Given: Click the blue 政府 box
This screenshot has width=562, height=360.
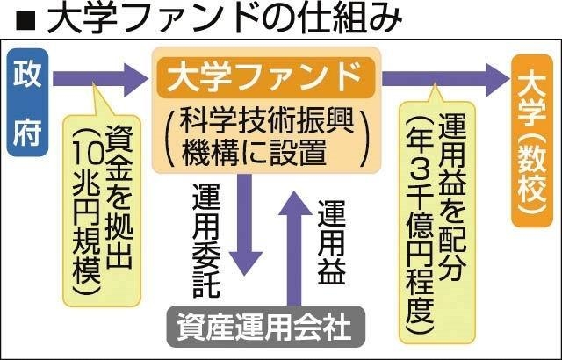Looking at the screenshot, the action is (x=27, y=103).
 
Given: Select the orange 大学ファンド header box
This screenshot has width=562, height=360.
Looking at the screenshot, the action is (x=266, y=77).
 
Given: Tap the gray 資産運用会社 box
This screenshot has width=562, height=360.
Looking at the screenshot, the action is (x=266, y=327).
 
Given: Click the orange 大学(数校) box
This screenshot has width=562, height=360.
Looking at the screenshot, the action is (x=532, y=140).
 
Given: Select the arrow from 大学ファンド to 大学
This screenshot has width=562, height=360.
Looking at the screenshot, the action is (x=445, y=79).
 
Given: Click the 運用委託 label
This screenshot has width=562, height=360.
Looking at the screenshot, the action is (x=206, y=241).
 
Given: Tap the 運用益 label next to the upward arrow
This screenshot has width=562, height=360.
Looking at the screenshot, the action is (x=332, y=242).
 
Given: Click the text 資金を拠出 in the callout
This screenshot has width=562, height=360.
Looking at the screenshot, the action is (x=119, y=197).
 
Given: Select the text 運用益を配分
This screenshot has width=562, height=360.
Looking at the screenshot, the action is (x=452, y=197).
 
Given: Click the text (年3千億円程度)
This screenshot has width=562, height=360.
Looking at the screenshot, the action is (x=420, y=226).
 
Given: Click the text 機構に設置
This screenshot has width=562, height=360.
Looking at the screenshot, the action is (x=254, y=153).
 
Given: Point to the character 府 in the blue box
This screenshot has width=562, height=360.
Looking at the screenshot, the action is (x=27, y=133).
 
